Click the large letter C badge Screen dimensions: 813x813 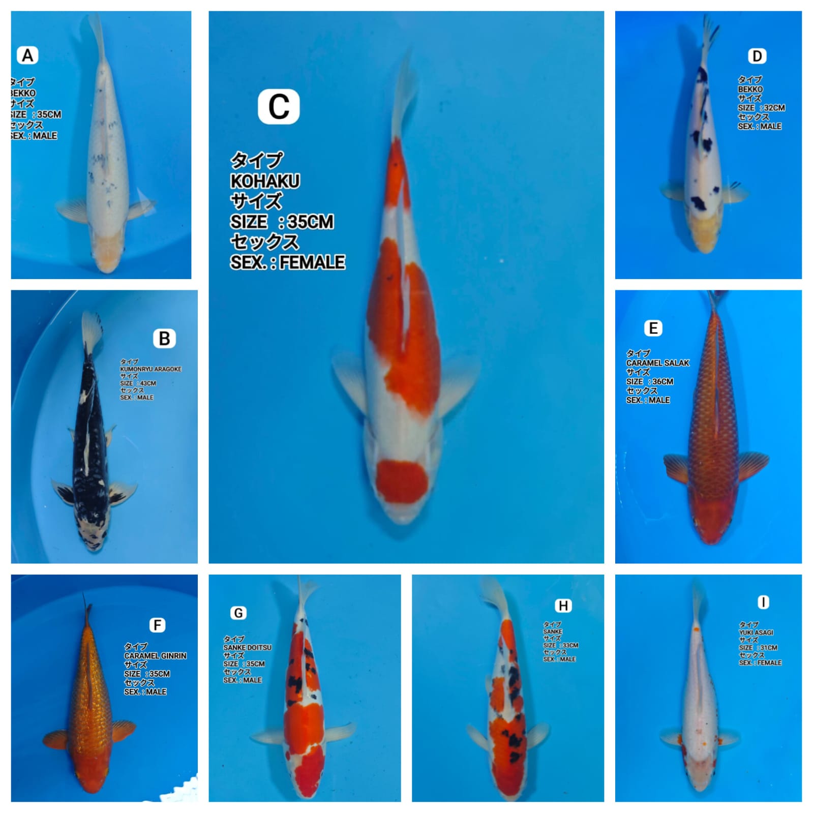(x=279, y=107)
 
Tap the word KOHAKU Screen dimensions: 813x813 (x=265, y=181)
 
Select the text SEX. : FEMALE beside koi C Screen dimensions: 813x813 (x=287, y=262)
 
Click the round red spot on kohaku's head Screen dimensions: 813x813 (x=403, y=480)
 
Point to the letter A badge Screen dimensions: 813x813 (x=28, y=55)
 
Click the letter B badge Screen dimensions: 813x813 (x=164, y=339)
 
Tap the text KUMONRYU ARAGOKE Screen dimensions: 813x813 (x=150, y=369)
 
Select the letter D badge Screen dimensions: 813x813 (x=757, y=56)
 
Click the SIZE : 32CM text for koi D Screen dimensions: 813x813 (x=761, y=108)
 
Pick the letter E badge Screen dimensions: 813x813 (x=653, y=328)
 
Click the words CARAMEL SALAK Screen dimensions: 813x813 (x=657, y=363)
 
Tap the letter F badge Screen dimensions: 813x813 (x=158, y=625)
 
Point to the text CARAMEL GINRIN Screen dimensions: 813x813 (x=155, y=656)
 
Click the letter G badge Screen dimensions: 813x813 (x=238, y=613)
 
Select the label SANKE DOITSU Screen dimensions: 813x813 (x=247, y=648)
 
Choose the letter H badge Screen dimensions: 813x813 (x=563, y=606)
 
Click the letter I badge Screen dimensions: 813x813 (x=763, y=603)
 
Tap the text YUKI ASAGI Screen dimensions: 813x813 (x=756, y=633)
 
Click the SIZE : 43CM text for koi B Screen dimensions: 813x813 (x=138, y=383)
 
